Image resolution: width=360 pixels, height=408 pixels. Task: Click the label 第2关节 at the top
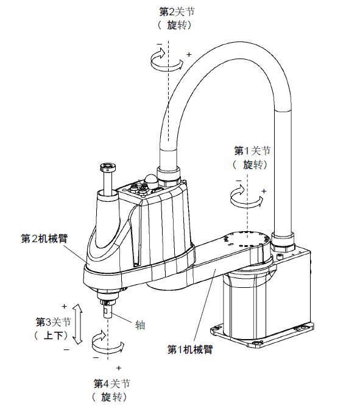click(177, 12)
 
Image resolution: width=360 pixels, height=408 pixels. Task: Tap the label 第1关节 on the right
click(252, 151)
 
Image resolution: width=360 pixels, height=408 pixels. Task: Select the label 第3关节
click(53, 322)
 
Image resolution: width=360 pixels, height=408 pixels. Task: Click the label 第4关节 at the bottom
click(111, 384)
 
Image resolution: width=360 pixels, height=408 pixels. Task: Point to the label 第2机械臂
click(44, 238)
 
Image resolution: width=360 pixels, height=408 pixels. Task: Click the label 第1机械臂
click(190, 349)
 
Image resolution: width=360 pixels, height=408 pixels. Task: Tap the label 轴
click(140, 325)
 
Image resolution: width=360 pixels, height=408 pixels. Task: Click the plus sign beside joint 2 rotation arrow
click(189, 54)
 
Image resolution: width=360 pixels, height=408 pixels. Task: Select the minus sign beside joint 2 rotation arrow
click(160, 45)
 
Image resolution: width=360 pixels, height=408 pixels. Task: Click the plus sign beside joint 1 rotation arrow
click(264, 191)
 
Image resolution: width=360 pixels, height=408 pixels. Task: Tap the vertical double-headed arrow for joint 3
click(77, 324)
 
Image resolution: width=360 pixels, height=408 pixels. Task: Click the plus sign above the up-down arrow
click(64, 307)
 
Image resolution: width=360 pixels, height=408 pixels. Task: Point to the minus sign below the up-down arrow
click(66, 349)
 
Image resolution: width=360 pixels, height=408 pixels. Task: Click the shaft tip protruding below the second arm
click(108, 312)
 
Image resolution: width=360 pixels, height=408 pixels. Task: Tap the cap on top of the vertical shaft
click(108, 166)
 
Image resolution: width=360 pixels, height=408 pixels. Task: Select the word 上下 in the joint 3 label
click(54, 335)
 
